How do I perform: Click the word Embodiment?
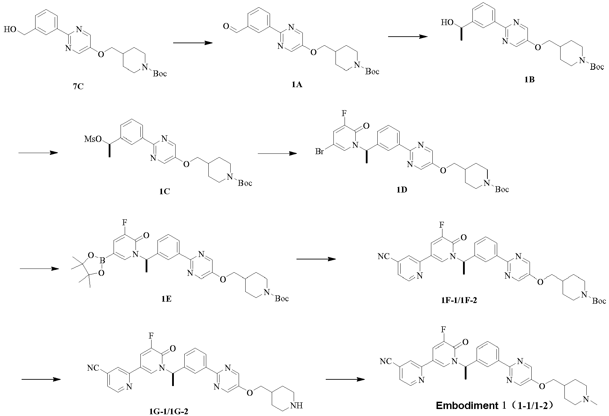467,406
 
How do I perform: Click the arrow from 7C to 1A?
193,43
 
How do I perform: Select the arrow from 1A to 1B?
408,36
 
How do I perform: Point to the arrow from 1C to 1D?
277,153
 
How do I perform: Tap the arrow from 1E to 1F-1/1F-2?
316,259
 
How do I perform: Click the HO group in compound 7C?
9,30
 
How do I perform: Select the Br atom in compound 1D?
319,152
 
